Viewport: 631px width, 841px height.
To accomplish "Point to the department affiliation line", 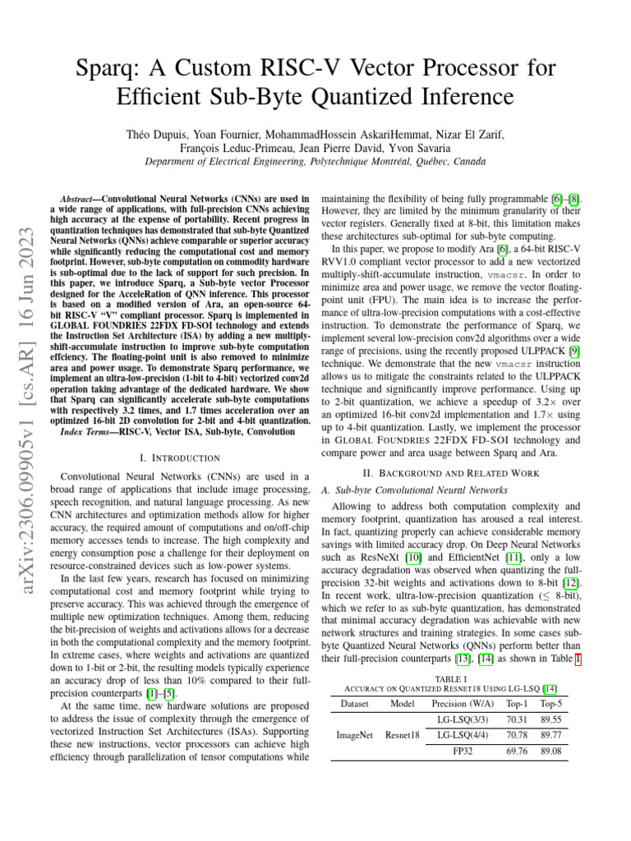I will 315,162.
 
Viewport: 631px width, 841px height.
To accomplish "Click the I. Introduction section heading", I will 180,457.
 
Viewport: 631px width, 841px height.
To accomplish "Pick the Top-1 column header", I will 517,703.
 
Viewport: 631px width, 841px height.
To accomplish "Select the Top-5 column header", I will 551,703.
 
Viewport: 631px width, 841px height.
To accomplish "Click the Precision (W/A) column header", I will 463,703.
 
